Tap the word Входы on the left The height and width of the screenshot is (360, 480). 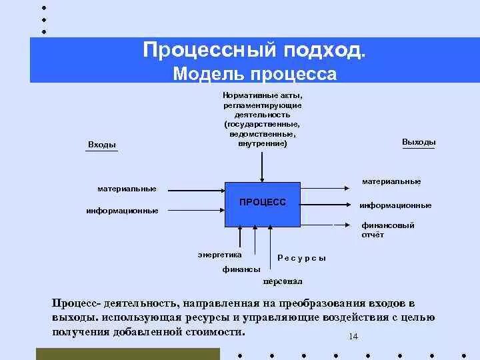[x=101, y=145]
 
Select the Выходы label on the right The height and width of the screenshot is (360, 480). [x=419, y=142]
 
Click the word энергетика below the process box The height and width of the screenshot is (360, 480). [x=220, y=254]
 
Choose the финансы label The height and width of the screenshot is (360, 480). [x=241, y=269]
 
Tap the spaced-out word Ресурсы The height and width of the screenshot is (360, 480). [x=301, y=258]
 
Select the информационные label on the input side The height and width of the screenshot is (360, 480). [x=122, y=211]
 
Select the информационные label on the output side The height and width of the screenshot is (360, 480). [x=395, y=205]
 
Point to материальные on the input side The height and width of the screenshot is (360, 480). [x=127, y=189]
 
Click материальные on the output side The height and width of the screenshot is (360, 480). [x=391, y=181]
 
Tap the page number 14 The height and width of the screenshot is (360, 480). [x=353, y=337]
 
